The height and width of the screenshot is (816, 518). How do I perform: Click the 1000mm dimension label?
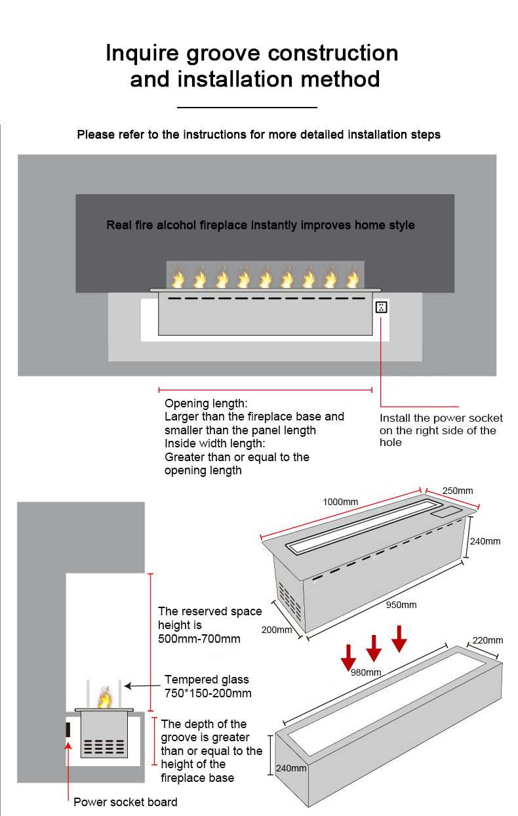coord(340,502)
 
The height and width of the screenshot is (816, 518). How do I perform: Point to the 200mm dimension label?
coord(276,630)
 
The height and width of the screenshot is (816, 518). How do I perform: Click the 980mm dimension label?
coord(365,672)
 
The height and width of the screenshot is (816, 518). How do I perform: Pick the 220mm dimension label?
coord(487,640)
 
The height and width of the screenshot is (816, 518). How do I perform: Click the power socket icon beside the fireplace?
coord(381,307)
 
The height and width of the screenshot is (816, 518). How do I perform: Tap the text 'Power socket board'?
coord(125,802)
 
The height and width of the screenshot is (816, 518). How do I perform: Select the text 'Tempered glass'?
coord(207,680)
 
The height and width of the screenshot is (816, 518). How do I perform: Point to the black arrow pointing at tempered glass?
coord(141,685)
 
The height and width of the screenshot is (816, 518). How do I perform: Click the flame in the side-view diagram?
coord(104,697)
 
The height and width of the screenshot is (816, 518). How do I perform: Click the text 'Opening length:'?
coord(206,403)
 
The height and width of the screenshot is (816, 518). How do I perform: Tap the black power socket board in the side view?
coord(68,730)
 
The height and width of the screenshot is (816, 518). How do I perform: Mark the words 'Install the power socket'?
coord(441,418)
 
